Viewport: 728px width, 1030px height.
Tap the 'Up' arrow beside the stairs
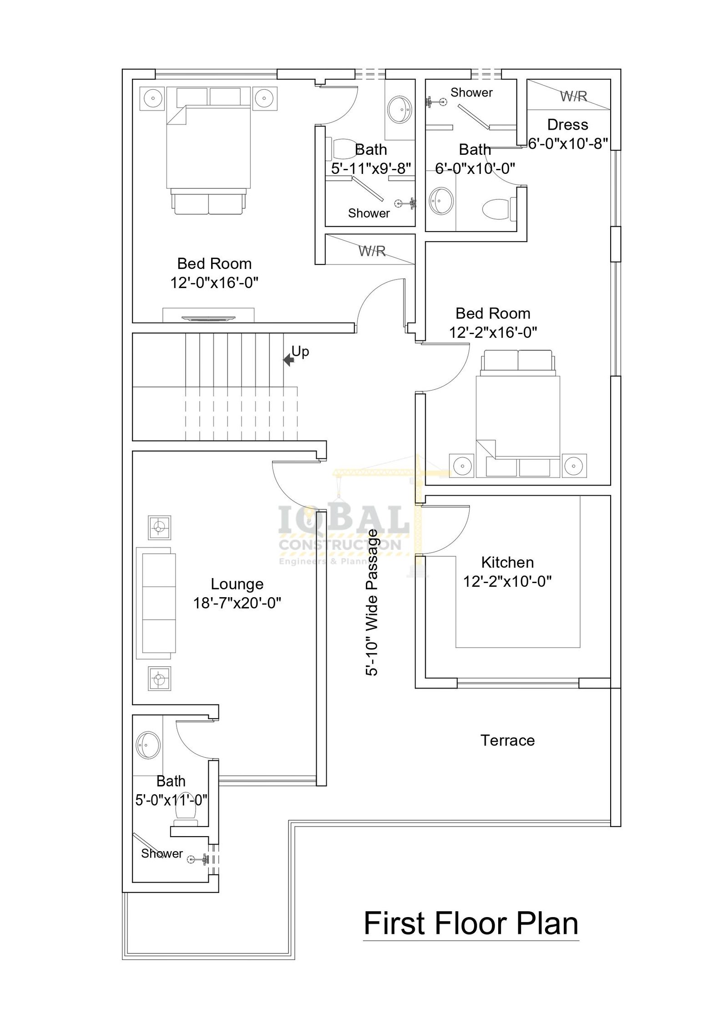[x=288, y=360]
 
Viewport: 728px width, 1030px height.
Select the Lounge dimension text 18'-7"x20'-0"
[x=237, y=603]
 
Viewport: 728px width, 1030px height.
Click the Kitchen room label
[x=507, y=563]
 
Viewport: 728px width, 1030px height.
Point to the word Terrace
[x=507, y=741]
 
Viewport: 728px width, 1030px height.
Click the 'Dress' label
[x=567, y=125]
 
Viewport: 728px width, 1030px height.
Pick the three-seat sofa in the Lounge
[x=156, y=603]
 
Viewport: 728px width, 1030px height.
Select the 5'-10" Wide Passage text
[x=372, y=603]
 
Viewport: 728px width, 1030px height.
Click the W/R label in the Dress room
[x=573, y=96]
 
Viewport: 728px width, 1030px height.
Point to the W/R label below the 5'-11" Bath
[x=372, y=250]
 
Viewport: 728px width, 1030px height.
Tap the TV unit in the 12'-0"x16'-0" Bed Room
[x=208, y=315]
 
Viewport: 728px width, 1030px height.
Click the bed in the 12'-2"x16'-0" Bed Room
[x=518, y=413]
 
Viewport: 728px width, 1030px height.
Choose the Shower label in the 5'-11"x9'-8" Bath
[x=369, y=213]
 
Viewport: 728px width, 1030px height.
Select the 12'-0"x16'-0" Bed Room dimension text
[x=214, y=283]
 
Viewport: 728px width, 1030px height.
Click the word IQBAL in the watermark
[x=344, y=522]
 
